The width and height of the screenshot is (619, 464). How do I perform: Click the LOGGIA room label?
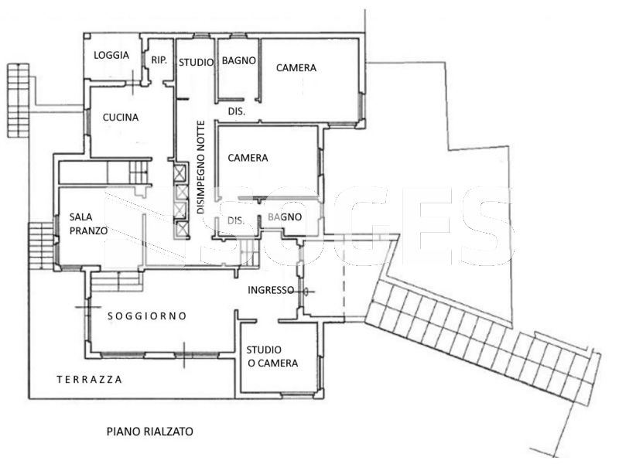[x=111, y=55]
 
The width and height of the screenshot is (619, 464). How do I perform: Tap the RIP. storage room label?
[x=159, y=60]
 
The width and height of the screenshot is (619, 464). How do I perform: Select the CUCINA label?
[x=121, y=118]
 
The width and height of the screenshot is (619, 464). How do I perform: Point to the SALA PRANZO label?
[x=88, y=223]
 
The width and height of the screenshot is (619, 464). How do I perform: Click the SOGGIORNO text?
[x=147, y=316]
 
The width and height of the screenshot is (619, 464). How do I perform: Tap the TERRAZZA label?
[x=89, y=380]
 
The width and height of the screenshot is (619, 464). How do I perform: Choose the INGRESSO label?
[x=271, y=291]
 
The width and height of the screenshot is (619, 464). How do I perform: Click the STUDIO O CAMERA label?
[x=272, y=357]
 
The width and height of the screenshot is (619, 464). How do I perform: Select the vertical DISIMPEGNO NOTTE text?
[x=201, y=167]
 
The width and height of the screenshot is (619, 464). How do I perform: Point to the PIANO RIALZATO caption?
[x=150, y=432]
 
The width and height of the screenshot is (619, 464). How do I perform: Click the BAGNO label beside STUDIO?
[x=239, y=61]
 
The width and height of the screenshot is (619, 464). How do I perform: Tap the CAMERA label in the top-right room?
[x=296, y=68]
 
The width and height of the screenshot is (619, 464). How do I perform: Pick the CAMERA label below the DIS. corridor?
[x=248, y=158]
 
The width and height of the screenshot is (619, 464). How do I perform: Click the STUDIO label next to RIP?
[x=197, y=63]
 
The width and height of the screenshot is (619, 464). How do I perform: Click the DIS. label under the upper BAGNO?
[x=237, y=111]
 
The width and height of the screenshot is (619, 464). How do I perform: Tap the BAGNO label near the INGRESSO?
[x=285, y=217]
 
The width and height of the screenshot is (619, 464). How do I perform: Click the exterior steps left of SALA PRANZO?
[x=41, y=245]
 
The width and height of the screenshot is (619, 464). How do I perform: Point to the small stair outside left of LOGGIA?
[x=19, y=101]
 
